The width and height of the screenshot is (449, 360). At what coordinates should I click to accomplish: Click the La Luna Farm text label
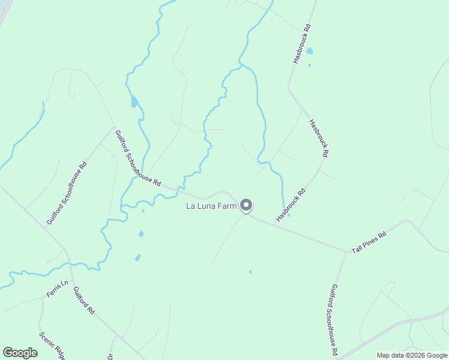pyautogui.click(x=211, y=206)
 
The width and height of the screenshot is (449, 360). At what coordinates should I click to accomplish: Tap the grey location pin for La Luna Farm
pyautogui.click(x=246, y=205)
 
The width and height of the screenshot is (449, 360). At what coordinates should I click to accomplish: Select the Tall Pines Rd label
pyautogui.click(x=369, y=242)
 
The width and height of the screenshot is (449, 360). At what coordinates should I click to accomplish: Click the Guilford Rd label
pyautogui.click(x=84, y=301)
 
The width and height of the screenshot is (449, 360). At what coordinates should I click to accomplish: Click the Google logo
pyautogui.click(x=20, y=353)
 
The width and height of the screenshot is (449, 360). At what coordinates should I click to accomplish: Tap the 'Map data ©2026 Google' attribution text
pyautogui.click(x=412, y=355)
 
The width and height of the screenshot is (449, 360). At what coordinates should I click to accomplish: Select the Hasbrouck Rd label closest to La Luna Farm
pyautogui.click(x=291, y=205)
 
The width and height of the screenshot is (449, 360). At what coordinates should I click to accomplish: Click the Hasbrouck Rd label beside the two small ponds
pyautogui.click(x=301, y=44)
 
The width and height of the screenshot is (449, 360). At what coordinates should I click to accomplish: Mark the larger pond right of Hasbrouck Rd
pyautogui.click(x=310, y=52)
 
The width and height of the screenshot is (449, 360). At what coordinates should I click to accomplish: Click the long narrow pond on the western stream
pyautogui.click(x=134, y=101)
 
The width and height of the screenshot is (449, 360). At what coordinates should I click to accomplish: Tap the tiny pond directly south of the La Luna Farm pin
pyautogui.click(x=250, y=272)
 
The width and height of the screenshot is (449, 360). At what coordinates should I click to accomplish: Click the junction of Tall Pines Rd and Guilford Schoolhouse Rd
pyautogui.click(x=346, y=251)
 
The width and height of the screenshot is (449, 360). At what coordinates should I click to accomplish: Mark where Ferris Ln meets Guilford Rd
pyautogui.click(x=71, y=279)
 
